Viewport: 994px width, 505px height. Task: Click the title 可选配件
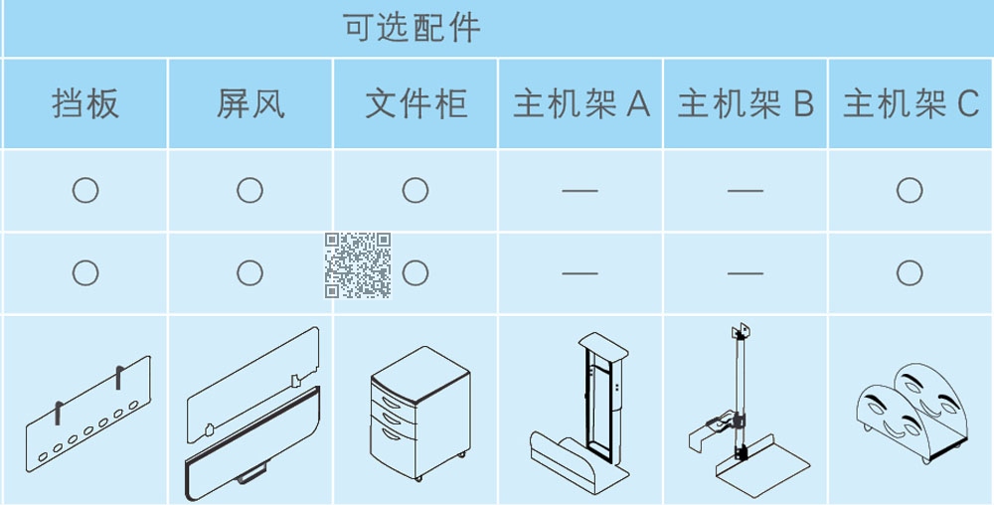point(413,29)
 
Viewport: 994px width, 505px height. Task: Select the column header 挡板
point(85,104)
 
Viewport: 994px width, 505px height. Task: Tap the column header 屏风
point(250,104)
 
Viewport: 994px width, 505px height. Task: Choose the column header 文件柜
point(416,104)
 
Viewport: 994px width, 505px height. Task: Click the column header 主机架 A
point(581,104)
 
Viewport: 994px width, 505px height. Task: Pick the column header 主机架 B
point(746,104)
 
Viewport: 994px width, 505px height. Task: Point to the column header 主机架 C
point(911,104)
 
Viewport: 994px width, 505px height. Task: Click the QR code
point(358,265)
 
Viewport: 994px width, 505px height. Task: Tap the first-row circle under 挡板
point(84,190)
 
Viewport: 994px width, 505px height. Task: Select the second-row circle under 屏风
point(249,273)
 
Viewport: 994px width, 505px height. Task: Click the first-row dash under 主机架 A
point(580,190)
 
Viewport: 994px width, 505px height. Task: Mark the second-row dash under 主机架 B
point(745,273)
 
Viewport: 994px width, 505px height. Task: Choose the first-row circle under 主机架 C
point(910,190)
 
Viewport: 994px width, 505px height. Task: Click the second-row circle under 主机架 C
point(910,273)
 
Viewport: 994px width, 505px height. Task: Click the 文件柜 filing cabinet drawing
point(420,414)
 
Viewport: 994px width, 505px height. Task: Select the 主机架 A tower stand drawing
point(580,414)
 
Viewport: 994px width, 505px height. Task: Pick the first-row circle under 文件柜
point(415,190)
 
